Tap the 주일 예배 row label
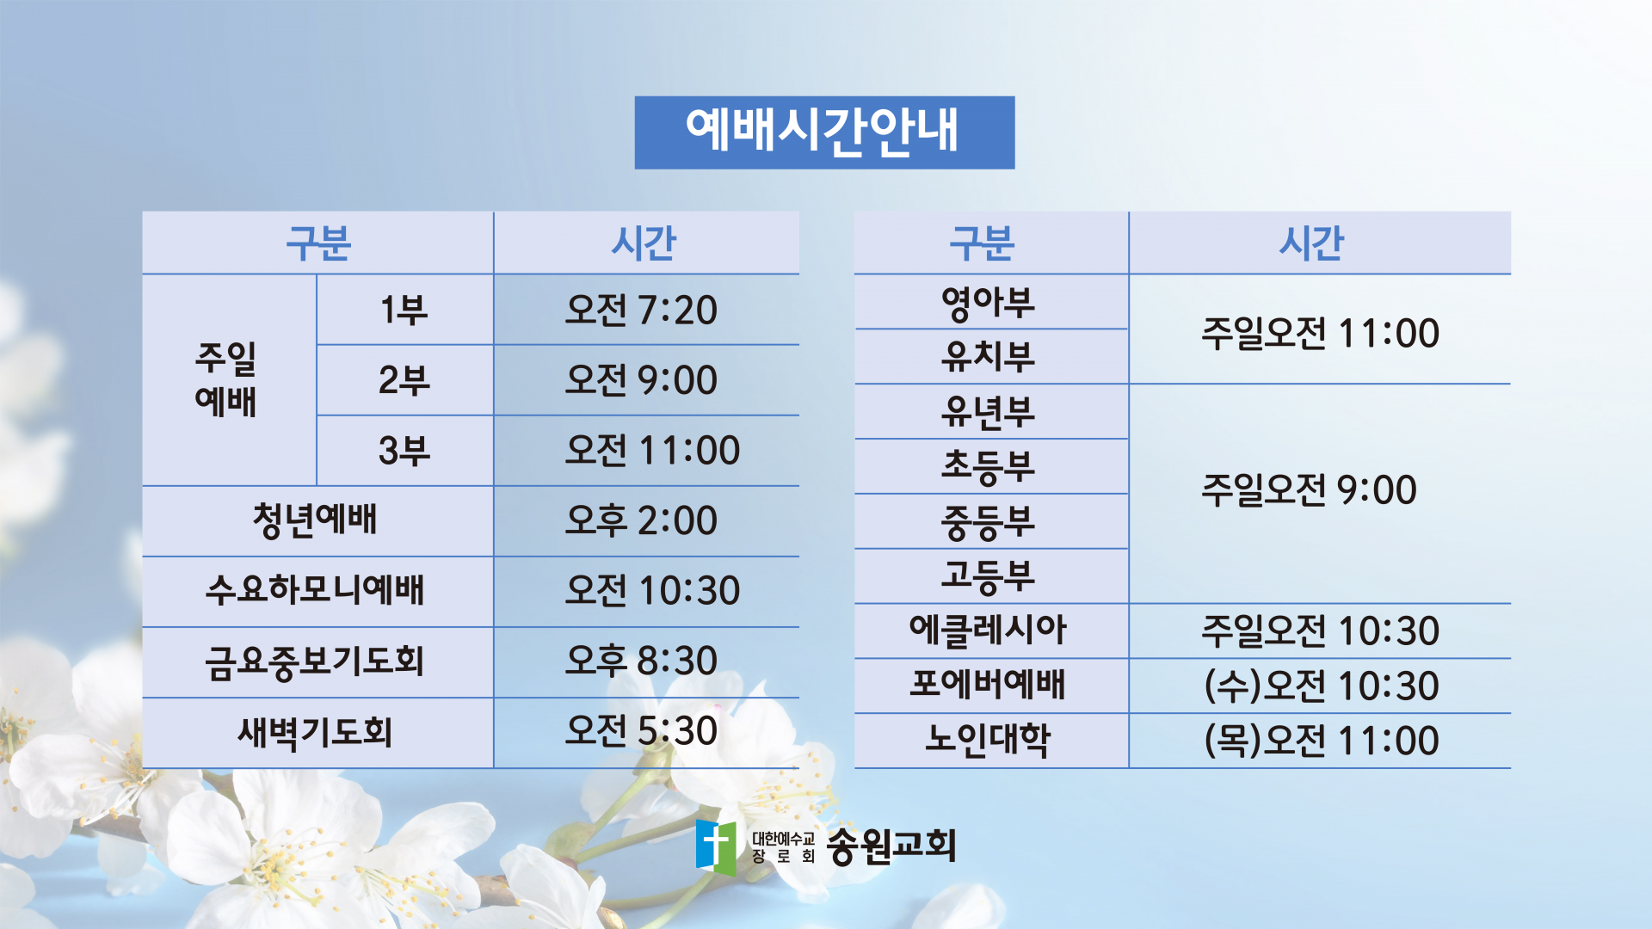[x=225, y=379]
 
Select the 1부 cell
[x=404, y=310]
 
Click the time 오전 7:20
[x=641, y=310]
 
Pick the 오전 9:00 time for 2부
[x=641, y=380]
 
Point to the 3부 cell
[x=404, y=451]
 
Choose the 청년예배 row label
[x=315, y=520]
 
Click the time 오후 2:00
[x=641, y=520]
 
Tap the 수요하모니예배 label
[x=315, y=591]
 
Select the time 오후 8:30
[x=641, y=661]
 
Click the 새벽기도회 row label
[x=315, y=732]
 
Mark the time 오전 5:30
[x=641, y=730]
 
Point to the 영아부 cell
[x=988, y=303]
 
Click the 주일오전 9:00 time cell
[x=1309, y=489]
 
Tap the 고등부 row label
[x=988, y=576]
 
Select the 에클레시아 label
[x=988, y=631]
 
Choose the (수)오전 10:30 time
[x=1322, y=686]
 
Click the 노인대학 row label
[x=988, y=740]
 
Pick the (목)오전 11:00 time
[x=1322, y=741]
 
